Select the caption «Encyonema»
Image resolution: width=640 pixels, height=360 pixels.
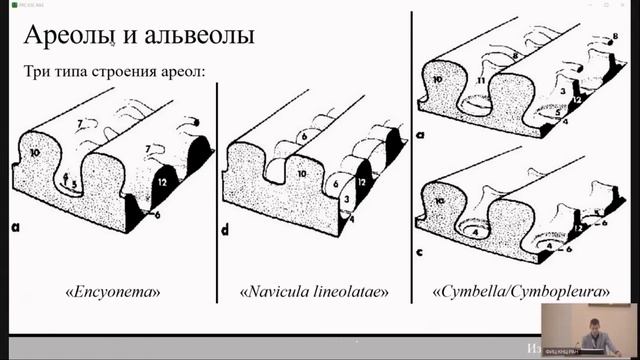[113, 292]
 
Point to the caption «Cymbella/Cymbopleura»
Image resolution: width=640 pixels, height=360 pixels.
[521, 292]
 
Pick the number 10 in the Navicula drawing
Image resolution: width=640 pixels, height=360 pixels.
[300, 174]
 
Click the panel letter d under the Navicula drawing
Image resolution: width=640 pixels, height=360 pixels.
[225, 229]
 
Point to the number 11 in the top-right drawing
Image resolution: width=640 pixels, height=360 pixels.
[481, 78]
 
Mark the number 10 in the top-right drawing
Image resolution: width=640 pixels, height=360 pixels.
[437, 79]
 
